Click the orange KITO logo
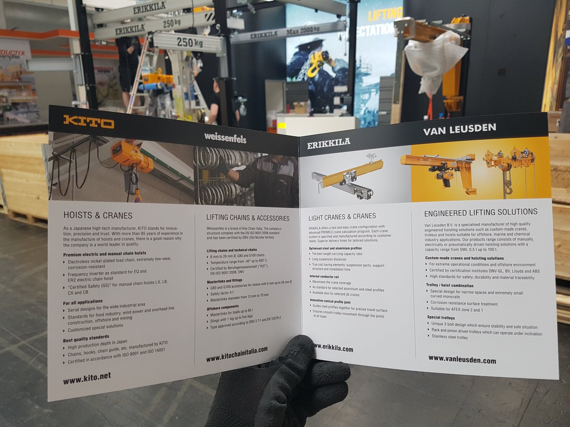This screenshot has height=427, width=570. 89,121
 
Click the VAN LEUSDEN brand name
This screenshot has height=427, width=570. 459,128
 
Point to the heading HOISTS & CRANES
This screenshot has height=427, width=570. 98,215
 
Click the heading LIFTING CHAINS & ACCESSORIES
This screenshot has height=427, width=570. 247,218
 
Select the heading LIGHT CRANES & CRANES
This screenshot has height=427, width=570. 342,216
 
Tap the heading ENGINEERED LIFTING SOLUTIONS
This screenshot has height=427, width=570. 481,212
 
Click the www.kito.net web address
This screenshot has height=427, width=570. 87,378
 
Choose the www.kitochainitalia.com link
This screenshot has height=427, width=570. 237,354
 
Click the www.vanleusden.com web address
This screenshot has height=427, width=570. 462,360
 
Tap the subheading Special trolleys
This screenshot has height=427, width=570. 441,317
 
